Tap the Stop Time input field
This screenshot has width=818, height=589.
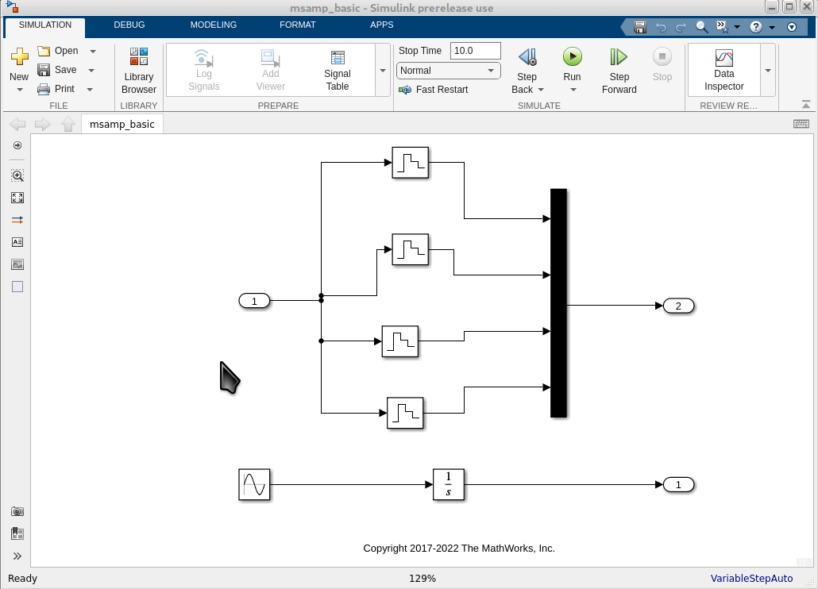click(475, 51)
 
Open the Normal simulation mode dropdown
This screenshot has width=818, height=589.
click(449, 71)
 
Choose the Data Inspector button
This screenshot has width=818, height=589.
click(724, 70)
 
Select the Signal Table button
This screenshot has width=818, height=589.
click(338, 70)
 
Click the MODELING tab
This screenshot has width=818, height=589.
click(214, 25)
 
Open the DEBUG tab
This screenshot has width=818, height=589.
click(129, 25)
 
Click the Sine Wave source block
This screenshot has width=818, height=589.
click(254, 484)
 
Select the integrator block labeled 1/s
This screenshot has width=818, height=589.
click(449, 484)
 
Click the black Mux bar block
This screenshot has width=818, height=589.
click(558, 302)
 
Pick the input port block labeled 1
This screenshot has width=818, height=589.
click(254, 301)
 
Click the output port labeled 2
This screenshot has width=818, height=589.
click(678, 306)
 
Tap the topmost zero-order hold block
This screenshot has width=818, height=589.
click(410, 163)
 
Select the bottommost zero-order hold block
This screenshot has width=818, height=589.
click(405, 413)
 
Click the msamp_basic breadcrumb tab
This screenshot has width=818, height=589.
click(122, 124)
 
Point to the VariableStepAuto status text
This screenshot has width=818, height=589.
click(751, 579)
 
